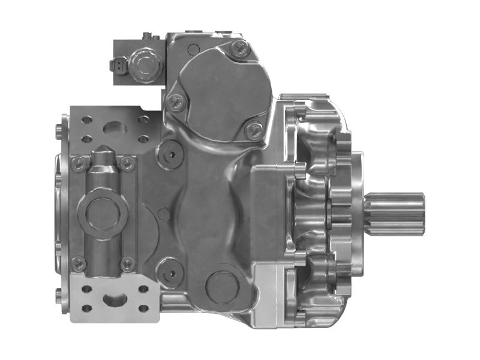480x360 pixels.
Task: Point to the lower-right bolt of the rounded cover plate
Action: [x=255, y=128]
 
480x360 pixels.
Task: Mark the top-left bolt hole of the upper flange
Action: [x=85, y=118]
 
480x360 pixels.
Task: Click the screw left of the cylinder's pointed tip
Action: [x=77, y=161]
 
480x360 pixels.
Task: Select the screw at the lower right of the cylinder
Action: [x=127, y=262]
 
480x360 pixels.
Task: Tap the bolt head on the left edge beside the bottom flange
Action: [x=58, y=294]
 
